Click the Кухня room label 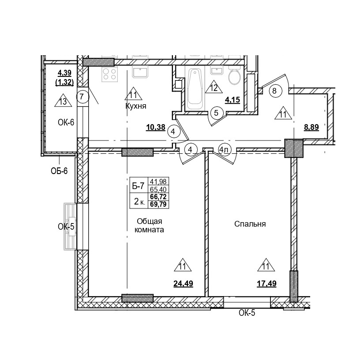tap(135, 106)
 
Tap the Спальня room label tap(250, 224)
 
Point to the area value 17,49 tap(266, 284)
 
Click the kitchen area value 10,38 tap(155, 128)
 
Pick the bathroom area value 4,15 tap(232, 100)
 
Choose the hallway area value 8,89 tap(312, 128)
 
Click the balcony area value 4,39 tap(64, 73)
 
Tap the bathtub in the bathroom tap(195, 88)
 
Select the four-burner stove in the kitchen tap(109, 75)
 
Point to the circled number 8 tap(274, 91)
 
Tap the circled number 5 tap(216, 113)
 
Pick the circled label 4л tap(224, 150)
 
